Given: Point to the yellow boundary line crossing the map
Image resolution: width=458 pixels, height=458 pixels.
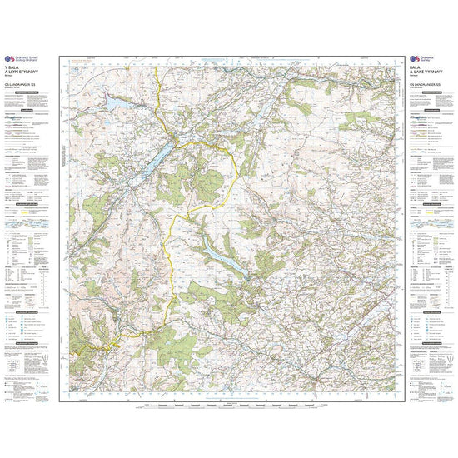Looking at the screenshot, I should click(x=170, y=250).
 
